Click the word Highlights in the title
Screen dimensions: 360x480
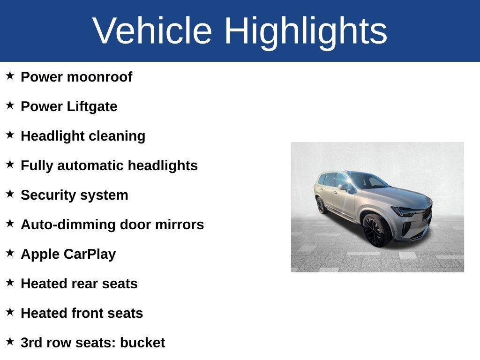tap(306, 31)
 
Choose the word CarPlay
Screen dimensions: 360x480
tap(90, 254)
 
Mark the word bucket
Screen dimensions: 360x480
tap(142, 343)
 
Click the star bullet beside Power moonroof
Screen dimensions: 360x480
tap(10, 75)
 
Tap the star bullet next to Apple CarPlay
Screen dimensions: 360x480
tap(10, 253)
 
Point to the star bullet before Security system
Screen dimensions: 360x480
tap(10, 194)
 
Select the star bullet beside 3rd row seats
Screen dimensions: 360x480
tap(10, 341)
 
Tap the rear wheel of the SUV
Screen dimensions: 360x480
tap(321, 205)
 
